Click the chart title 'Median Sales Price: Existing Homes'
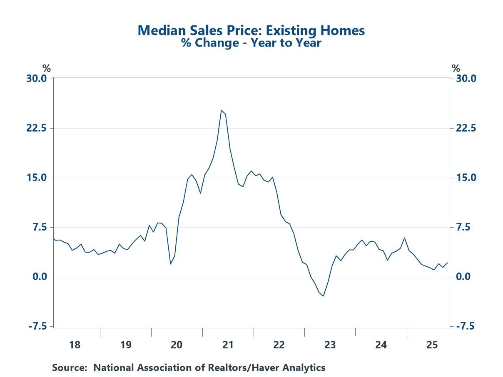click(251, 30)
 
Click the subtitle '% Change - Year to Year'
click(251, 42)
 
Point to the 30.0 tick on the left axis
click(37, 79)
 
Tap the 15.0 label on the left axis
click(37, 178)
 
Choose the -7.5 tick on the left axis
click(38, 326)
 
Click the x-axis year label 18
click(75, 345)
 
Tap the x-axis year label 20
click(177, 345)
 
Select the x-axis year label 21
click(227, 345)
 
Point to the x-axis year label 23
click(330, 345)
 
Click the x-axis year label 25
click(432, 345)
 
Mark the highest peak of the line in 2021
click(221, 110)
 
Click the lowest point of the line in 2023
click(324, 296)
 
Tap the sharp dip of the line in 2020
click(170, 264)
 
